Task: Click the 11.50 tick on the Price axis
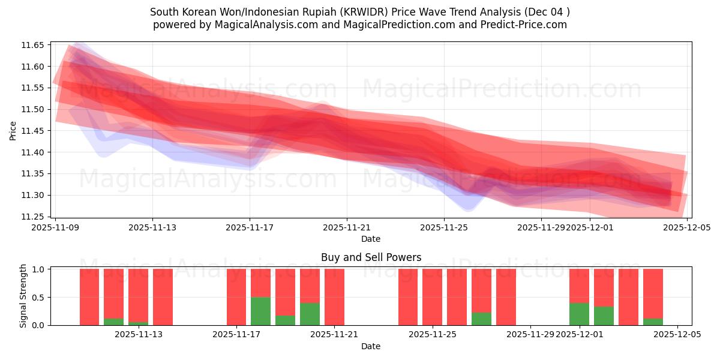coord(33,109)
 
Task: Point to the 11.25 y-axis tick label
coord(33,217)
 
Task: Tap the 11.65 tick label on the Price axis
coord(33,45)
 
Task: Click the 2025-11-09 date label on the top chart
coord(55,228)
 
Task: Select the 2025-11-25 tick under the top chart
coord(444,228)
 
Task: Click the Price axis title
coord(13,130)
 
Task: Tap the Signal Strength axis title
coord(23,296)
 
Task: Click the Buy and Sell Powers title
coord(371,257)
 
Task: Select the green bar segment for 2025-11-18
coord(260,311)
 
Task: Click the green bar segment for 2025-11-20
coord(310,314)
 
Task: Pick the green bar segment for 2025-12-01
coord(579,314)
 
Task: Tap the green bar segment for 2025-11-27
coord(481,319)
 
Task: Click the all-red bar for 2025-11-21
coord(334,297)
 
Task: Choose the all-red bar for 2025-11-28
coord(506,297)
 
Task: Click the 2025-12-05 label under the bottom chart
coord(677,335)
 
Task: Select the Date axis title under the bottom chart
coord(371,346)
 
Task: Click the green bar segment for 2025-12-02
coord(604,316)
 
